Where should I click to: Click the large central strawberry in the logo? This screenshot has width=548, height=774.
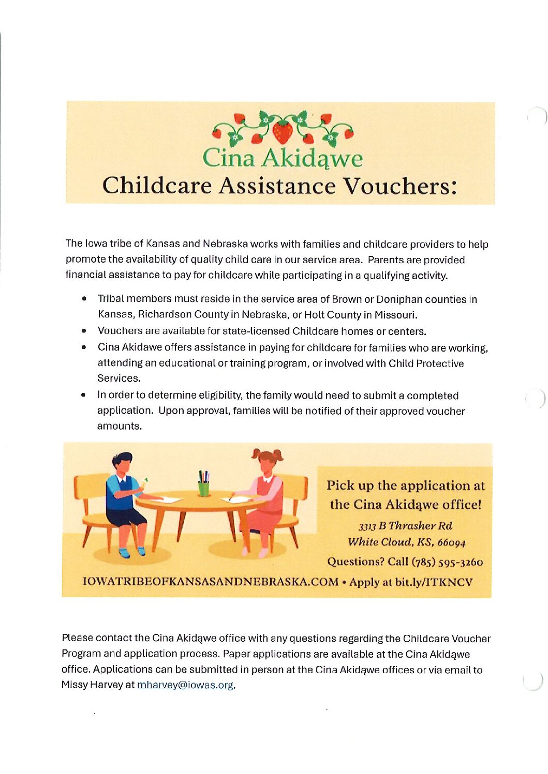coord(283,131)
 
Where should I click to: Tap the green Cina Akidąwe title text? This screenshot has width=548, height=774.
coord(283,158)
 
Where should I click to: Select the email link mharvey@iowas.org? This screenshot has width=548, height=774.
coord(185,685)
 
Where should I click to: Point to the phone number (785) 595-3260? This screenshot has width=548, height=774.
coord(447,562)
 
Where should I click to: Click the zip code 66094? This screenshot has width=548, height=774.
coord(451,543)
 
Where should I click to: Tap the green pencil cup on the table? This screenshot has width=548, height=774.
coord(204,488)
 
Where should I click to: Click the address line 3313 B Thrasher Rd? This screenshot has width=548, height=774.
coord(406,526)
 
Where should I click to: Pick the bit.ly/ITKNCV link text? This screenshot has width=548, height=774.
coord(434,582)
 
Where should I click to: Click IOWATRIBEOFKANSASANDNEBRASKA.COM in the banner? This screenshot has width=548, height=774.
coord(211,582)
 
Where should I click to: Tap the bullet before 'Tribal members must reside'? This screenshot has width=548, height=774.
coord(84,299)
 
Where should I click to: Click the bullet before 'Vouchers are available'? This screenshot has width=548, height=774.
coord(84,331)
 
